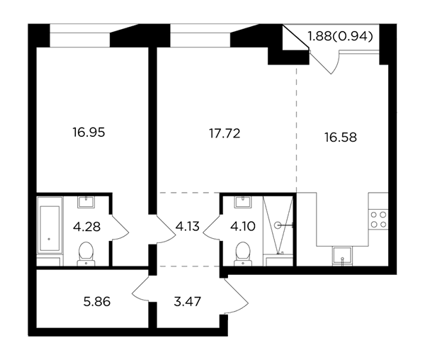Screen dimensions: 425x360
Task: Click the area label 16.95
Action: point(89,133)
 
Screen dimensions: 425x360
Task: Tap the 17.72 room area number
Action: point(225,134)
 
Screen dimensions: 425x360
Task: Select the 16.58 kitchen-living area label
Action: point(341,137)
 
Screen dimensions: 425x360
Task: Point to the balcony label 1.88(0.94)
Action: point(341,36)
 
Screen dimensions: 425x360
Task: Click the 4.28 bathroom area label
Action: point(86,227)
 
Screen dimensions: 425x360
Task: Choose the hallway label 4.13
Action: point(187,226)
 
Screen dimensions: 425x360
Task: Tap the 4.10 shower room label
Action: point(242,226)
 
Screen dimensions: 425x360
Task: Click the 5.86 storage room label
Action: point(97,302)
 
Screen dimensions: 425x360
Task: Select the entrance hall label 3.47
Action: point(187,302)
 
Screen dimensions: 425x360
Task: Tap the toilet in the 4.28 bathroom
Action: point(86,254)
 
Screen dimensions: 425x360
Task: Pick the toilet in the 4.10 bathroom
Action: point(243,254)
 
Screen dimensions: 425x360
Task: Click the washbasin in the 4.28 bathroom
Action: point(86,202)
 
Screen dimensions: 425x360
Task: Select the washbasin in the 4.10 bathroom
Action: point(243,202)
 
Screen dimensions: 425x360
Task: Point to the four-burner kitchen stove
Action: point(378,220)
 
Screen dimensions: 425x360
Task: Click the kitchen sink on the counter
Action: point(342,256)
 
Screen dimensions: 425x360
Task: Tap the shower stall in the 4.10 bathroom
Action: point(278,225)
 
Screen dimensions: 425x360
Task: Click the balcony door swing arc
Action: point(336,63)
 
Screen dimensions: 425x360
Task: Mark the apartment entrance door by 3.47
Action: point(237,296)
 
